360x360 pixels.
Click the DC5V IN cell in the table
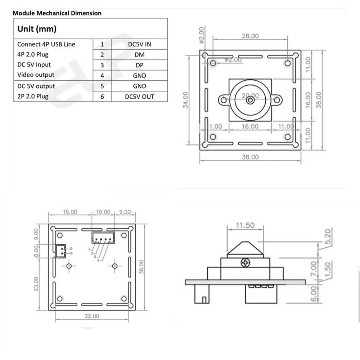[139, 44]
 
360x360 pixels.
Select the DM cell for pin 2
[139, 55]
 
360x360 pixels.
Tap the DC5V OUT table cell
[139, 96]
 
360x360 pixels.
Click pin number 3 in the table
[102, 65]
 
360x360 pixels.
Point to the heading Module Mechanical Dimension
[57, 13]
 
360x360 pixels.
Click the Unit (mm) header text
[37, 29]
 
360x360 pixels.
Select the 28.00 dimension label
[250, 36]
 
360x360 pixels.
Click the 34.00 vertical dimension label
[185, 100]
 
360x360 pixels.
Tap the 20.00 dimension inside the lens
[250, 95]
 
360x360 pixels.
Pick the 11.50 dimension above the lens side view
[245, 225]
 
